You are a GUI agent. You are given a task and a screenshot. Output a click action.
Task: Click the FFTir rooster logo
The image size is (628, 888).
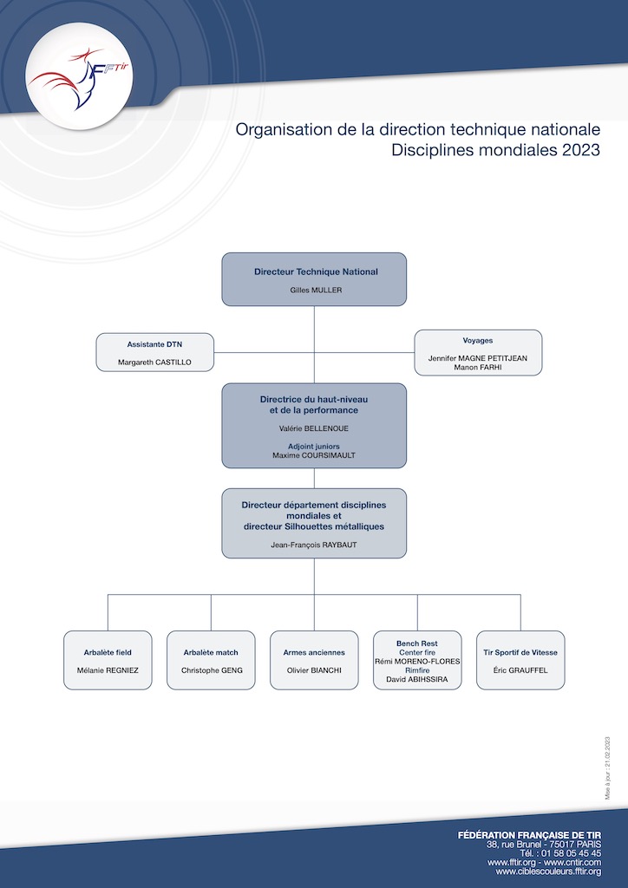(79, 77)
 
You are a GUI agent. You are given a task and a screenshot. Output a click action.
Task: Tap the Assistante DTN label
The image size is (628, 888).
(154, 343)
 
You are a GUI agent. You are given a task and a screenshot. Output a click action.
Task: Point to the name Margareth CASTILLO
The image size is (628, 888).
(154, 362)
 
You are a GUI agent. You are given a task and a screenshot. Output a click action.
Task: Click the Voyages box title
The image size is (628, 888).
(477, 340)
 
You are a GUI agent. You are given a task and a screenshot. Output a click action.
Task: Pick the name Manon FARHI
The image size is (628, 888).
(478, 367)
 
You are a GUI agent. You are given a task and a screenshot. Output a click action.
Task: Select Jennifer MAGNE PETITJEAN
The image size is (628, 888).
(478, 358)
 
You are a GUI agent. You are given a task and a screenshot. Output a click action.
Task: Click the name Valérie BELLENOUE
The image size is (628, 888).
(314, 428)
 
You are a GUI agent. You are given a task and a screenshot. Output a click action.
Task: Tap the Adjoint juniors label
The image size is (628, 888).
(314, 447)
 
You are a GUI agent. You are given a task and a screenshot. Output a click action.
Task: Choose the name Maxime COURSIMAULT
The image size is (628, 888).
(314, 454)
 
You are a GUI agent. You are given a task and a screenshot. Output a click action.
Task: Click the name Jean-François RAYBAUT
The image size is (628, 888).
(314, 545)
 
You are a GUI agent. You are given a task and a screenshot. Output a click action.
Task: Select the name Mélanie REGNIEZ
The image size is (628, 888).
(108, 670)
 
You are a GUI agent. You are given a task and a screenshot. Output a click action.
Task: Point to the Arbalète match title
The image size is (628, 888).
(211, 652)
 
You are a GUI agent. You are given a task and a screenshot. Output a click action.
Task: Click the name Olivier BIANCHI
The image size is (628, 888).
(314, 670)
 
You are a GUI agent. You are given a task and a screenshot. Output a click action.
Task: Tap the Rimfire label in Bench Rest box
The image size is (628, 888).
(417, 670)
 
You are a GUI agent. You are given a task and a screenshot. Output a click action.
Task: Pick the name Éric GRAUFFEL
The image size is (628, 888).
(520, 670)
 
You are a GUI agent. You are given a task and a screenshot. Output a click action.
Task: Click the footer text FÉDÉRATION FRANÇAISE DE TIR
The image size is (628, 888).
(529, 835)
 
